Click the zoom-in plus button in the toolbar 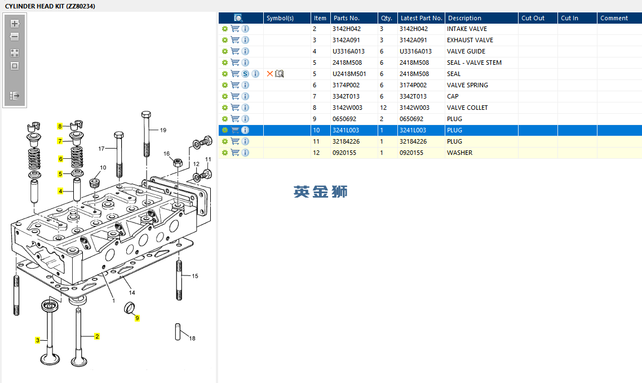point(15,24)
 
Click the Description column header point(464,18)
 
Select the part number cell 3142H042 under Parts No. point(347,29)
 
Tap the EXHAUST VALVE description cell point(470,40)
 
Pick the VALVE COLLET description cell point(467,108)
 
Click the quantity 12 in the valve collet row point(383,108)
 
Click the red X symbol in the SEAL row point(270,74)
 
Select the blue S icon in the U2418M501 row point(245,74)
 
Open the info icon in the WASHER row point(245,153)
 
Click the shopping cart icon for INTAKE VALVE point(235,29)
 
